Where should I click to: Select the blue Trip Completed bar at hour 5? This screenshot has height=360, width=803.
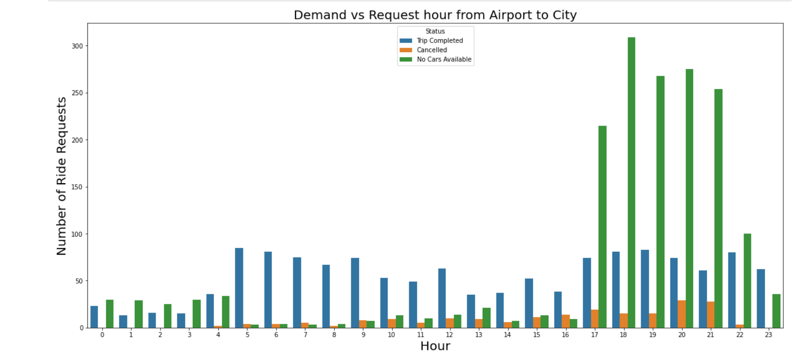coord(239,288)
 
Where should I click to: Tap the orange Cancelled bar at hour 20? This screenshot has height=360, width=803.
coord(682,314)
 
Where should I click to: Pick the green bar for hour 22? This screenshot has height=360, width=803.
coord(747,281)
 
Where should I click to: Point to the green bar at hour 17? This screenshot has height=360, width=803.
coord(602,227)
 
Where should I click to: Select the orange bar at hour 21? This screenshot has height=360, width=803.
coord(711,315)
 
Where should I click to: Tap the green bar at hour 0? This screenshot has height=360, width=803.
coord(110,314)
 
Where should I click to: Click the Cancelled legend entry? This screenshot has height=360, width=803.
coord(431,50)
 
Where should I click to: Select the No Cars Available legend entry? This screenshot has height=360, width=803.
coord(444,59)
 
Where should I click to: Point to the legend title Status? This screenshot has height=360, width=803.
coord(435,31)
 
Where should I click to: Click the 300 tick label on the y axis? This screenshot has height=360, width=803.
coord(77,46)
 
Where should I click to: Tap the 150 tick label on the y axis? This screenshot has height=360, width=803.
coord(77,187)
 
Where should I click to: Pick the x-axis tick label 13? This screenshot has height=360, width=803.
coord(478,334)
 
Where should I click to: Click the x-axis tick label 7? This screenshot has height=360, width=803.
coord(305,334)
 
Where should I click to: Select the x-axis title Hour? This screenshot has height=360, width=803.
coord(435,346)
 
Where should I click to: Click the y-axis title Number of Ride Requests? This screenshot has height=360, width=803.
coord(61,176)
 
